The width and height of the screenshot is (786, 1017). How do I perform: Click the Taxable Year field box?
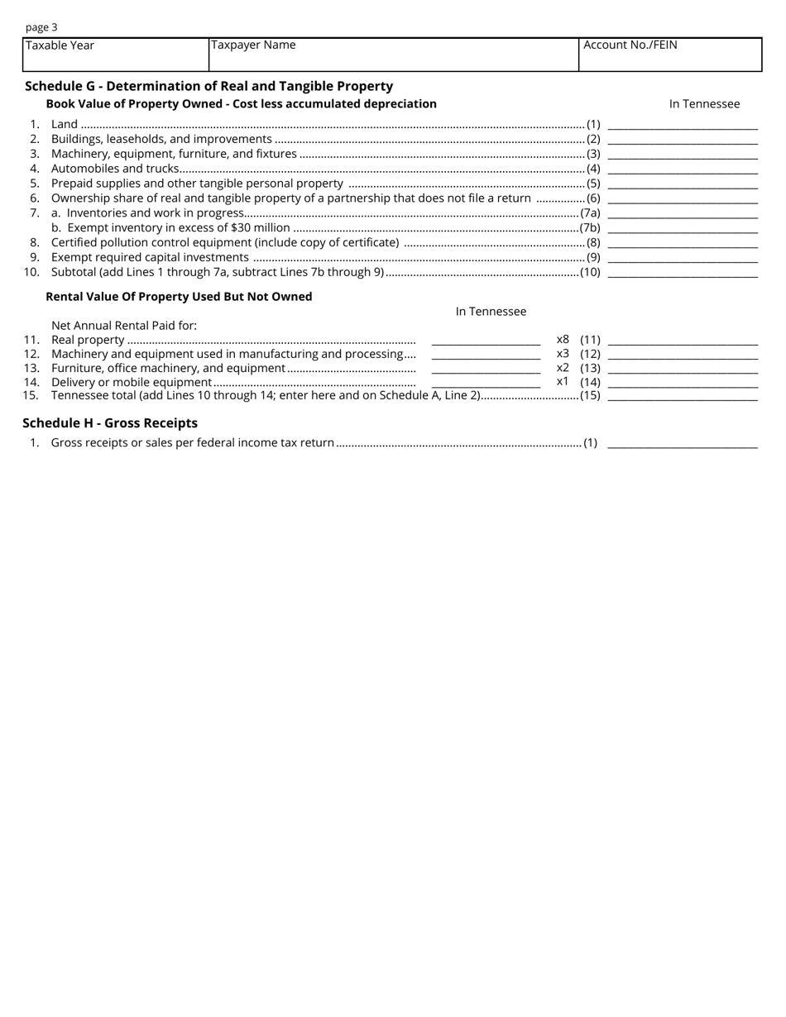pyautogui.click(x=116, y=55)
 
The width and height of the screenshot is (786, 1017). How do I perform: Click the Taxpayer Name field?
pyautogui.click(x=393, y=55)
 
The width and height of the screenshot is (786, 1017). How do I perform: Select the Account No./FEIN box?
pyautogui.click(x=670, y=55)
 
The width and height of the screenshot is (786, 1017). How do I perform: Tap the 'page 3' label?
pyautogui.click(x=41, y=27)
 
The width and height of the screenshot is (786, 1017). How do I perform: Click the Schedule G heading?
pyautogui.click(x=208, y=86)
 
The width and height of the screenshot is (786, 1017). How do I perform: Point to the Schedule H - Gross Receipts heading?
pyautogui.click(x=110, y=423)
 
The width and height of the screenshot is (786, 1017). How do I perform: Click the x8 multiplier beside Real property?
pyautogui.click(x=563, y=340)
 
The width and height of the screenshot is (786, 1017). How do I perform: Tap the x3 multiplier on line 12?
pyautogui.click(x=563, y=354)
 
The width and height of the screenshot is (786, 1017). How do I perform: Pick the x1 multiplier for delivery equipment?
pyautogui.click(x=563, y=382)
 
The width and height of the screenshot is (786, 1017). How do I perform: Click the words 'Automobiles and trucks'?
pyautogui.click(x=115, y=169)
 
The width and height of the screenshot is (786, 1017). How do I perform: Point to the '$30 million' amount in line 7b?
pyautogui.click(x=261, y=228)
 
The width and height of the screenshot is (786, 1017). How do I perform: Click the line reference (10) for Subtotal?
pyautogui.click(x=590, y=273)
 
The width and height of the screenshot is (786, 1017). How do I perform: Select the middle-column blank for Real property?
pyautogui.click(x=486, y=341)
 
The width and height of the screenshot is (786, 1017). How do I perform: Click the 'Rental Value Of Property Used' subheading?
pyautogui.click(x=179, y=297)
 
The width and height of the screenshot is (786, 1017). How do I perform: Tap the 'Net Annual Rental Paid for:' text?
pyautogui.click(x=124, y=326)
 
